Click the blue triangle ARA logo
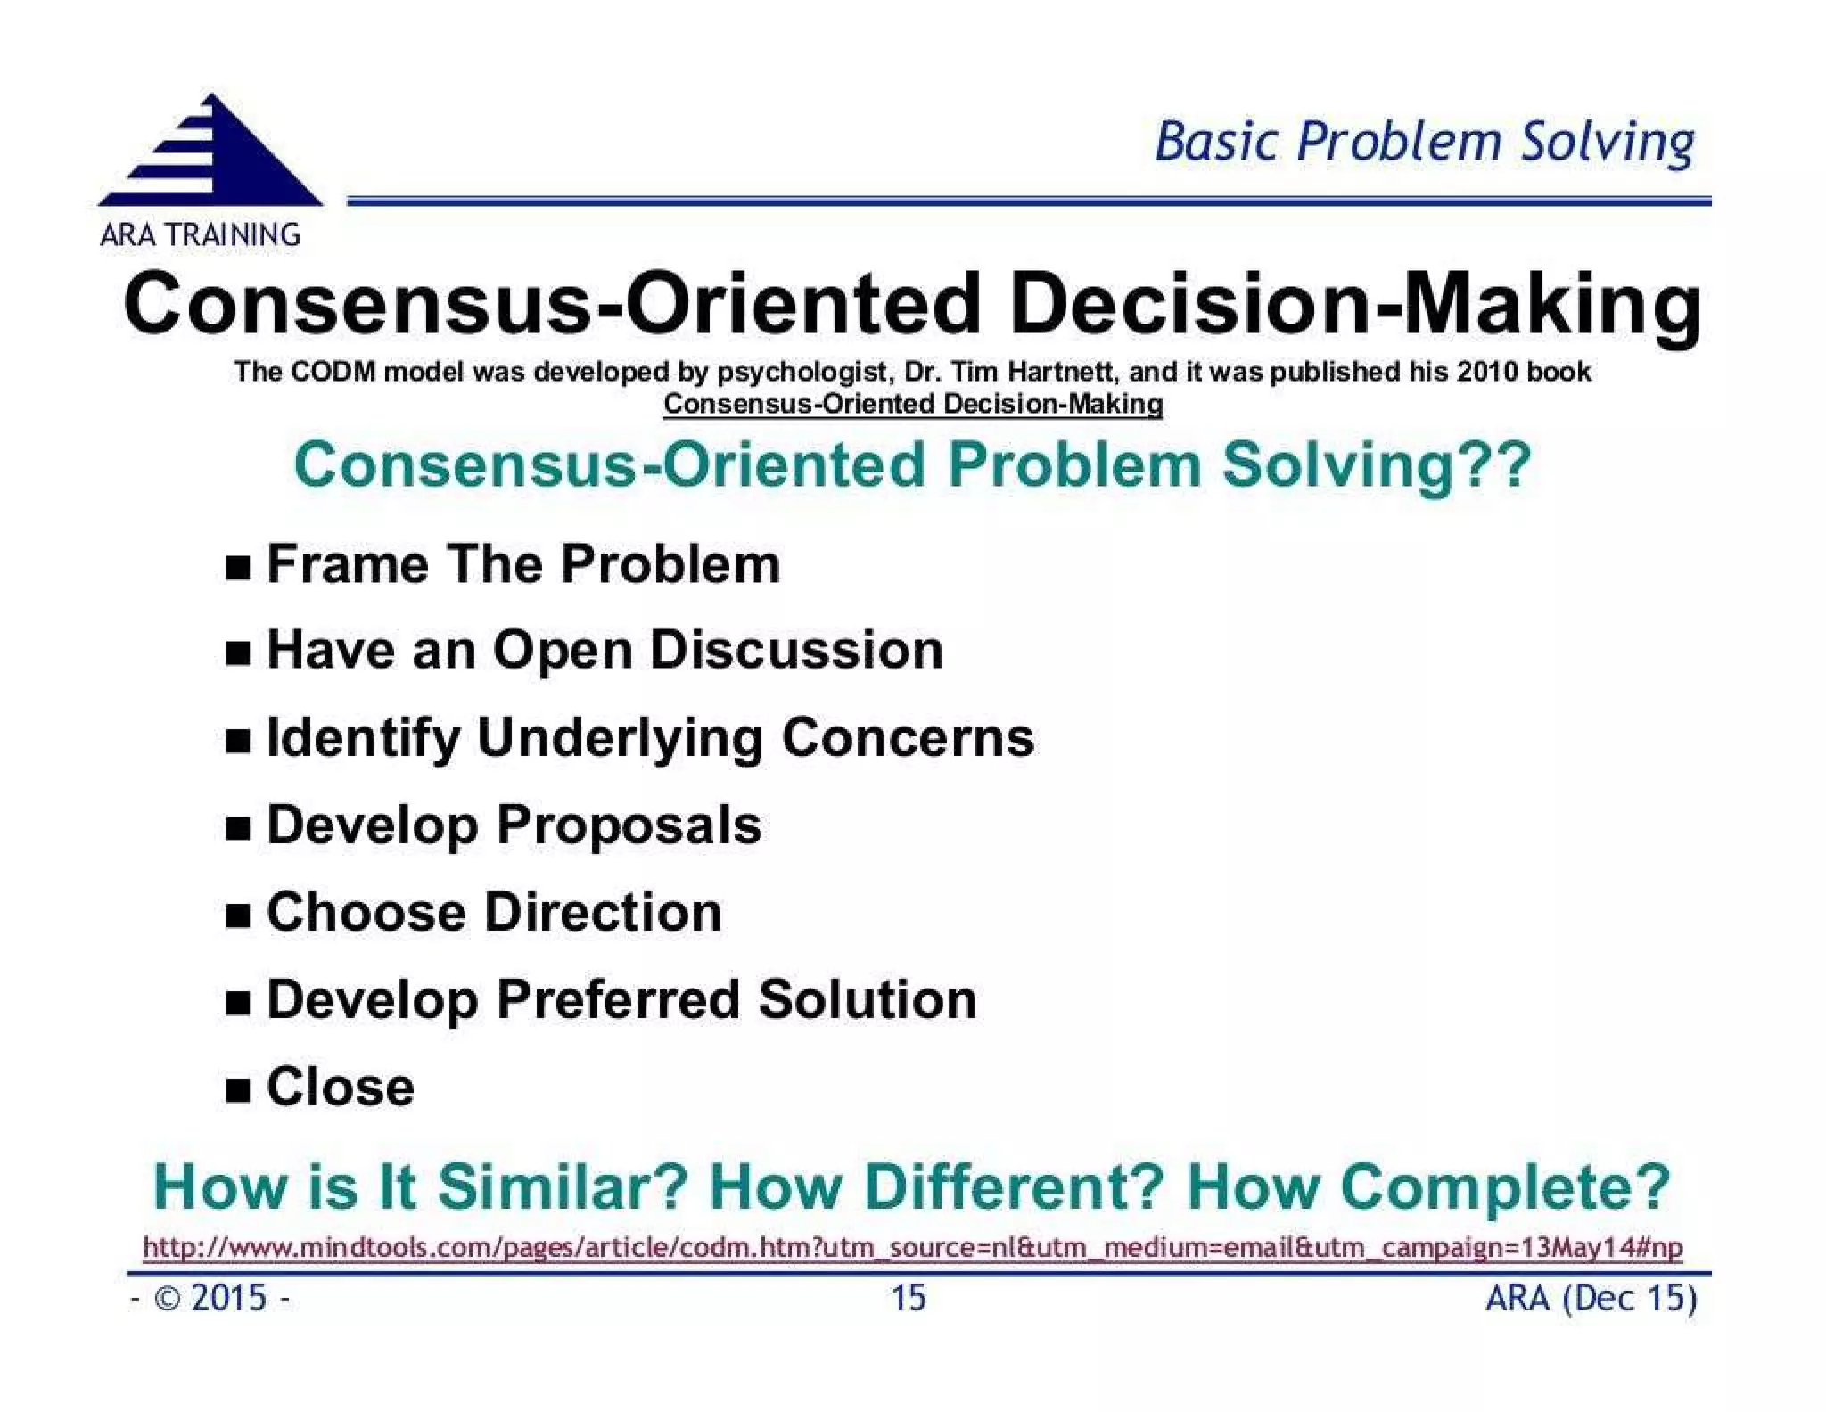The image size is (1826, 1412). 211,156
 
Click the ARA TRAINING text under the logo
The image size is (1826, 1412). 200,235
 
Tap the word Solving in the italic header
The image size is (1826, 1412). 1607,143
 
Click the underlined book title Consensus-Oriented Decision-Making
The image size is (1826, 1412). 913,404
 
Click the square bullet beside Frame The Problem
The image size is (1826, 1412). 237,567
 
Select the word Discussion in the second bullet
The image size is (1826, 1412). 796,650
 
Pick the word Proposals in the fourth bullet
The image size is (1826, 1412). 629,825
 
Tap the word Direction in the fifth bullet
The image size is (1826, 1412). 604,913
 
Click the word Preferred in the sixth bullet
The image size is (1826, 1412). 617,999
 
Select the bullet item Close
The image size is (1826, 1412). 340,1088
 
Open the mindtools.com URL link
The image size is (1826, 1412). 912,1247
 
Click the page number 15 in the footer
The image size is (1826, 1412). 909,1298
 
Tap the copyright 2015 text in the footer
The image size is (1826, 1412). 210,1298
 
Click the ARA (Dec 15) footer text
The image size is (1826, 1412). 1591,1298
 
